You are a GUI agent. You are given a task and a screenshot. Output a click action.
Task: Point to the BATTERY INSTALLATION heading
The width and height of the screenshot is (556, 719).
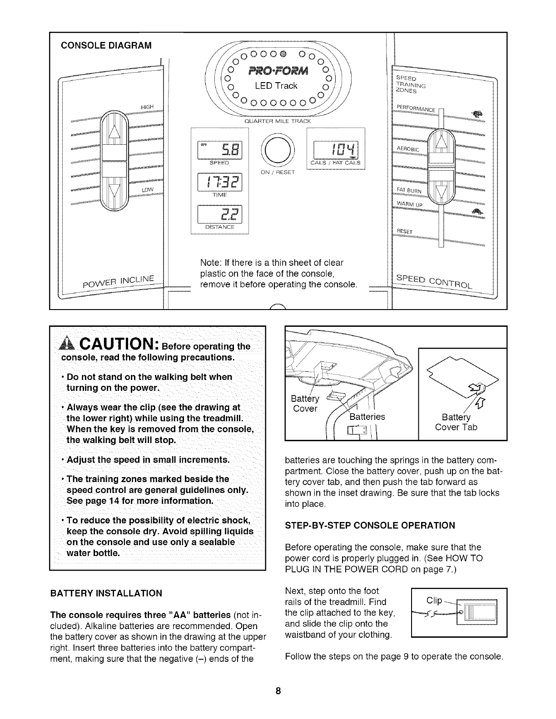click(106, 593)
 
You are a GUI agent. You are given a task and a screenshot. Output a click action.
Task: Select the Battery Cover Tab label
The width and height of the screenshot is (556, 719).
click(456, 423)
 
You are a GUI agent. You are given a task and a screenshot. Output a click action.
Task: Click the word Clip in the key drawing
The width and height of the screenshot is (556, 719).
click(434, 601)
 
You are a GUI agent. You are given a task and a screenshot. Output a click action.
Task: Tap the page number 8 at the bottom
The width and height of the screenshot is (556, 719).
click(278, 691)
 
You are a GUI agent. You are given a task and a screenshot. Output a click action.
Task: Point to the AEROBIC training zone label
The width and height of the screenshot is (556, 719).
click(408, 149)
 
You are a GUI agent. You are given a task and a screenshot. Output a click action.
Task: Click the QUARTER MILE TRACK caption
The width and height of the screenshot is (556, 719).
click(278, 121)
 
